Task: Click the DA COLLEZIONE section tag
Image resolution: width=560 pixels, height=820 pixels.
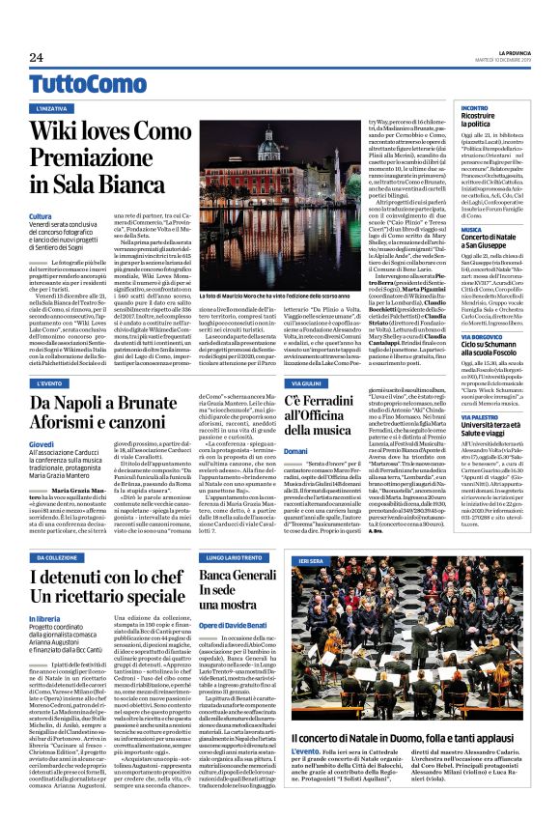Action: pos(60,558)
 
